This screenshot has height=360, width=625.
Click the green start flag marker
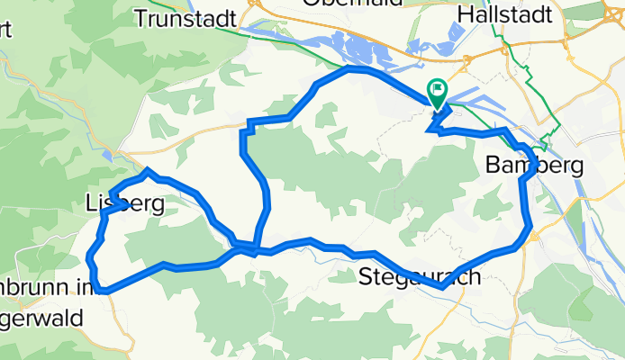[439, 91]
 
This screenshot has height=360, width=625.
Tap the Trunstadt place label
[185, 17]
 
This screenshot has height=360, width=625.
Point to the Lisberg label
[125, 204]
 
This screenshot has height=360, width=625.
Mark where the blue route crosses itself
[256, 246]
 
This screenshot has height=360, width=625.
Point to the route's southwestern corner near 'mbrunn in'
[104, 291]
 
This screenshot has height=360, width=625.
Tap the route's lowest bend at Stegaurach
[442, 287]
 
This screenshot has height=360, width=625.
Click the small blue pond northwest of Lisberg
[109, 156]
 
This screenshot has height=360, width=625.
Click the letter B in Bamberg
[492, 166]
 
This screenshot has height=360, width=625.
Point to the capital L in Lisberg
[92, 204]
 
